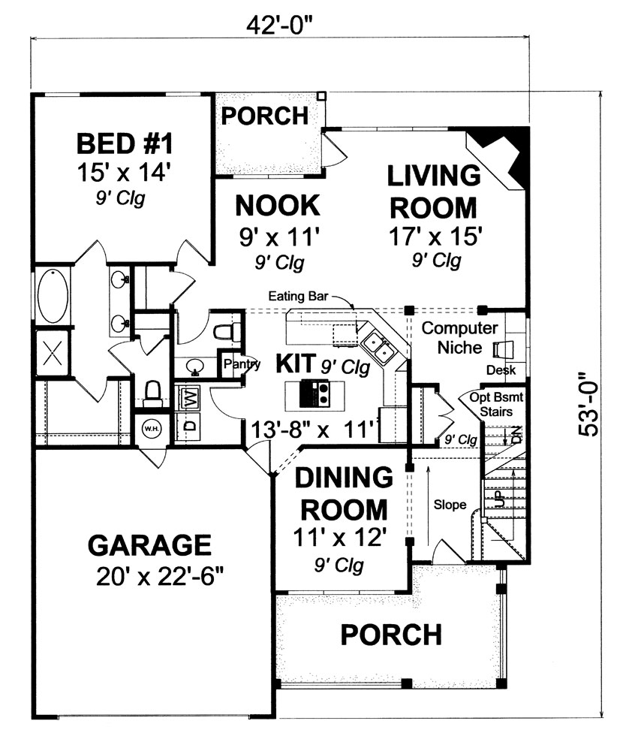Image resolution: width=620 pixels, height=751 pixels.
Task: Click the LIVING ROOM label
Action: coord(433,191)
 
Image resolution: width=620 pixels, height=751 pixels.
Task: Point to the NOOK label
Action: coord(278,205)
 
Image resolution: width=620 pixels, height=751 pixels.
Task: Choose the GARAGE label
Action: coord(149,544)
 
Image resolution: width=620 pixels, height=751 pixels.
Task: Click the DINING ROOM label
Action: coord(343,493)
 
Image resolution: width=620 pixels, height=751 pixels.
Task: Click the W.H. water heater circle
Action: coord(150,429)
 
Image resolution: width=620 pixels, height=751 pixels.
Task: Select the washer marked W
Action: coord(190,397)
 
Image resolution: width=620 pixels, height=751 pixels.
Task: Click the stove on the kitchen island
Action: coord(316,392)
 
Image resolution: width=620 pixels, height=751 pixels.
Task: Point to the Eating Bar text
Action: coord(296,297)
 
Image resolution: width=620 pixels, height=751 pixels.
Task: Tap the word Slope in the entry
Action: coord(449,505)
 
